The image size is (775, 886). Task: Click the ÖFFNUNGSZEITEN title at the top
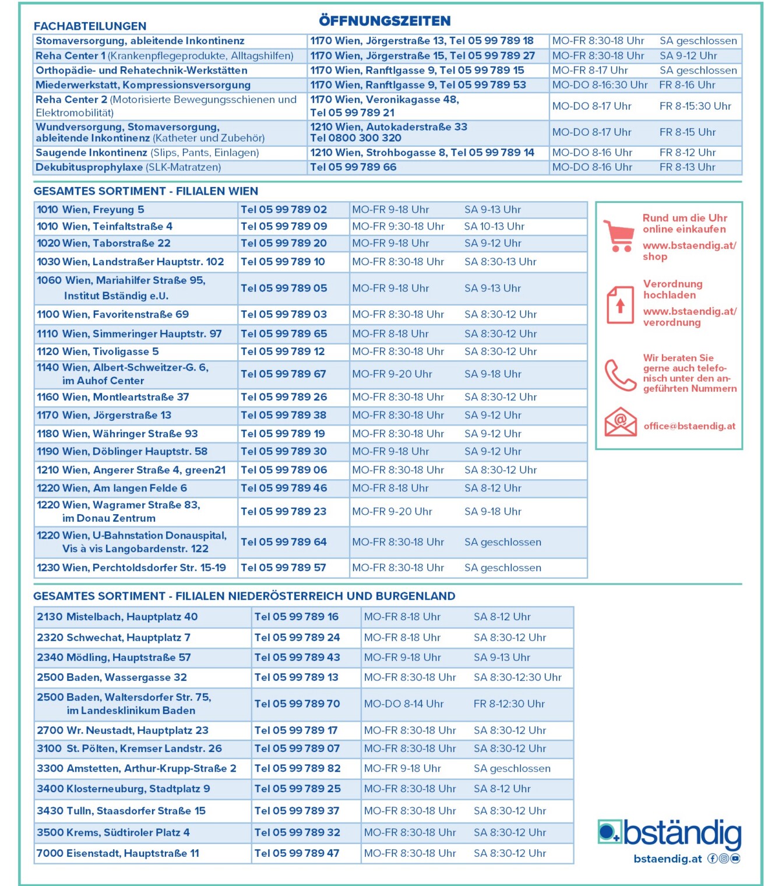385,21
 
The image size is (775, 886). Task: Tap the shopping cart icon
618,235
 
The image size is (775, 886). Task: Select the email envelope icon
620,422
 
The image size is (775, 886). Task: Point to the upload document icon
620,304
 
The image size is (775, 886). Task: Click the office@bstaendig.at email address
689,426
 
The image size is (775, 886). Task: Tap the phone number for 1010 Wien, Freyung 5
284,209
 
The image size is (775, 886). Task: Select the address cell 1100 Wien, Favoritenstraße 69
113,314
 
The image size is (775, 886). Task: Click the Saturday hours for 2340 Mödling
502,658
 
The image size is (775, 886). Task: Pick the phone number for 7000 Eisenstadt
297,853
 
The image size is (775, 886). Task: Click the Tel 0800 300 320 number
355,138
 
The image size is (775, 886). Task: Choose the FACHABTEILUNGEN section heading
90,26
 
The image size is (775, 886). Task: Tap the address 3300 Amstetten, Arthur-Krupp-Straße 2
136,768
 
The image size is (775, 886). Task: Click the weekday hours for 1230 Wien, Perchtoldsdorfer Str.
398,568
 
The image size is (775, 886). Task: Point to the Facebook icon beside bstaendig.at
712,859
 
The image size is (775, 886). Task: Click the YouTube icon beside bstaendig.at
735,859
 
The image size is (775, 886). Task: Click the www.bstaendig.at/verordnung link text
689,317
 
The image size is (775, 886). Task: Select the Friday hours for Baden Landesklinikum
509,704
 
